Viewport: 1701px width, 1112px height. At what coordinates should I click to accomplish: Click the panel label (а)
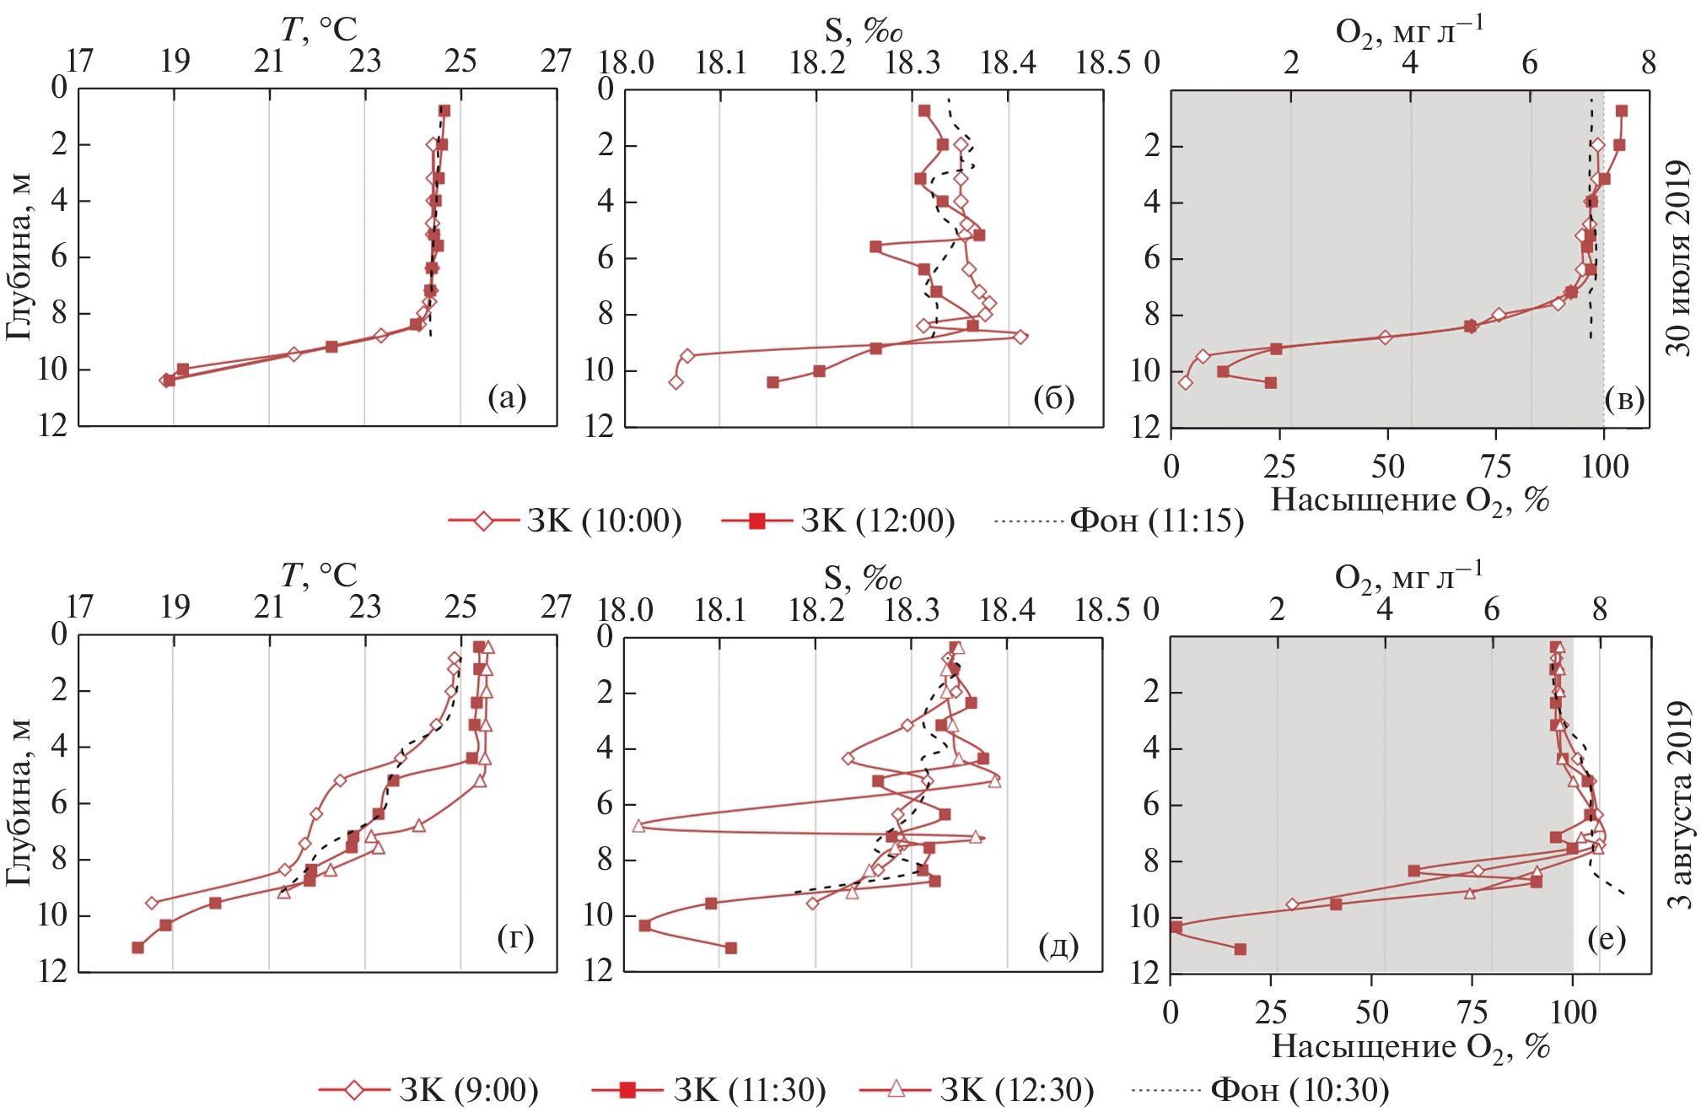[507, 397]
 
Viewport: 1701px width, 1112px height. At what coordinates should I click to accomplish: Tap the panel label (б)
[1053, 397]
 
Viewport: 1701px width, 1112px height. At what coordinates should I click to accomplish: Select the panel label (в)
[1624, 398]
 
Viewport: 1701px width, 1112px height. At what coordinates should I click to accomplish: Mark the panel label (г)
[515, 937]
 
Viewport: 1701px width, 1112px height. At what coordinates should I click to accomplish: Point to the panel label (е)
[1606, 938]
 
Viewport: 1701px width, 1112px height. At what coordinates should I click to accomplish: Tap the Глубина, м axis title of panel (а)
[19, 256]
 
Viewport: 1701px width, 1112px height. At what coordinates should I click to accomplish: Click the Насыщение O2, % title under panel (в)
[1410, 500]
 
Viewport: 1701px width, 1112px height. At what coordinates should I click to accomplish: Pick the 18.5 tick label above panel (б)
[1102, 62]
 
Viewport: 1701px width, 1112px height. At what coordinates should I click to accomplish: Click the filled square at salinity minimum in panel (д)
[645, 926]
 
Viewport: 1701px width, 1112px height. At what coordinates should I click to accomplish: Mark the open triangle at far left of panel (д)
[638, 825]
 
